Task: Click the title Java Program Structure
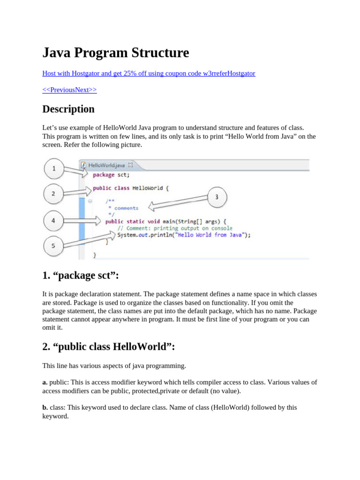(x=116, y=53)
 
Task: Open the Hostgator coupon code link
(x=149, y=74)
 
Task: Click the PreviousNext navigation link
(x=69, y=90)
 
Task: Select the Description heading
(x=68, y=109)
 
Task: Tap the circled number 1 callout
(x=54, y=169)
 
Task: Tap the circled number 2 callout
(x=53, y=194)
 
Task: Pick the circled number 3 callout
(x=216, y=197)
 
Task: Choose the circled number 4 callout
(x=53, y=220)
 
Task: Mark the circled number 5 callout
(x=53, y=246)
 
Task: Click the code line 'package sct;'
(x=111, y=174)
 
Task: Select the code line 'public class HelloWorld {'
(x=130, y=188)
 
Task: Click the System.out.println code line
(x=184, y=235)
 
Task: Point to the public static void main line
(x=165, y=221)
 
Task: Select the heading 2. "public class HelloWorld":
(x=108, y=346)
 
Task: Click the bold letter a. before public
(x=45, y=382)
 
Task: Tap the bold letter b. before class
(x=45, y=407)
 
